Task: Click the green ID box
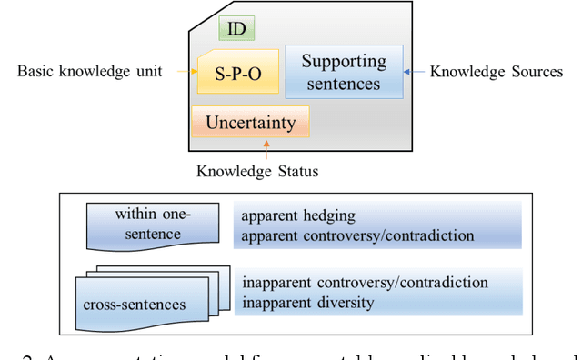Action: tap(236, 28)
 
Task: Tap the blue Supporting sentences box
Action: tap(344, 73)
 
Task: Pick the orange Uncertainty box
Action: tap(250, 122)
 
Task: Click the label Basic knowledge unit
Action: tap(89, 71)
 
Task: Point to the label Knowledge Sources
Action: tap(496, 71)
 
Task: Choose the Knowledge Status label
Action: tap(257, 170)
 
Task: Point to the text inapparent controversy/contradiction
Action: tap(365, 282)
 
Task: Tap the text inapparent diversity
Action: tap(307, 302)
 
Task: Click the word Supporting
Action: tap(344, 62)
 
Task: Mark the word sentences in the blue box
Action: tap(344, 84)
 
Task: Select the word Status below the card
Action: tap(296, 170)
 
